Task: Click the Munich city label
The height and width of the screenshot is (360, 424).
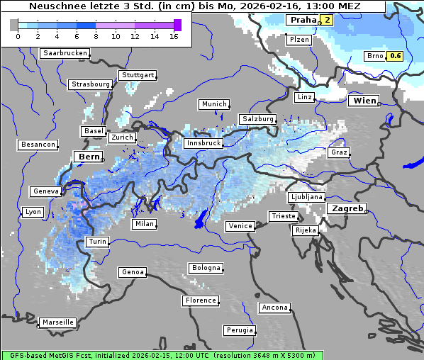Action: (x=213, y=104)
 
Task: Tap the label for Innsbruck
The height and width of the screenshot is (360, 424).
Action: (x=203, y=143)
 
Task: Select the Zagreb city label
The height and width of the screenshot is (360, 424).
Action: (x=346, y=208)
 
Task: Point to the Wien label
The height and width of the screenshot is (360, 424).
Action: (x=364, y=101)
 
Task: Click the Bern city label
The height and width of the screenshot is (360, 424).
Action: (x=89, y=157)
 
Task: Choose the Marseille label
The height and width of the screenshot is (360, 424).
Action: (x=57, y=322)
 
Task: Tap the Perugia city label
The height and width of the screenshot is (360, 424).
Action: (x=239, y=330)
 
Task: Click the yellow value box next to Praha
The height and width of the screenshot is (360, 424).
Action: (x=327, y=20)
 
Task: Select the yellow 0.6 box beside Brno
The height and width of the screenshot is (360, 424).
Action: (x=396, y=56)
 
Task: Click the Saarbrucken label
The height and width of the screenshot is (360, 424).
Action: (x=65, y=53)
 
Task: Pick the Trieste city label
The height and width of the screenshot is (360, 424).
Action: (x=282, y=216)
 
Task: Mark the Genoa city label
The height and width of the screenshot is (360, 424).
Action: (x=133, y=272)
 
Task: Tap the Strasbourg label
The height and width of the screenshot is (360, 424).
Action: (x=91, y=84)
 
